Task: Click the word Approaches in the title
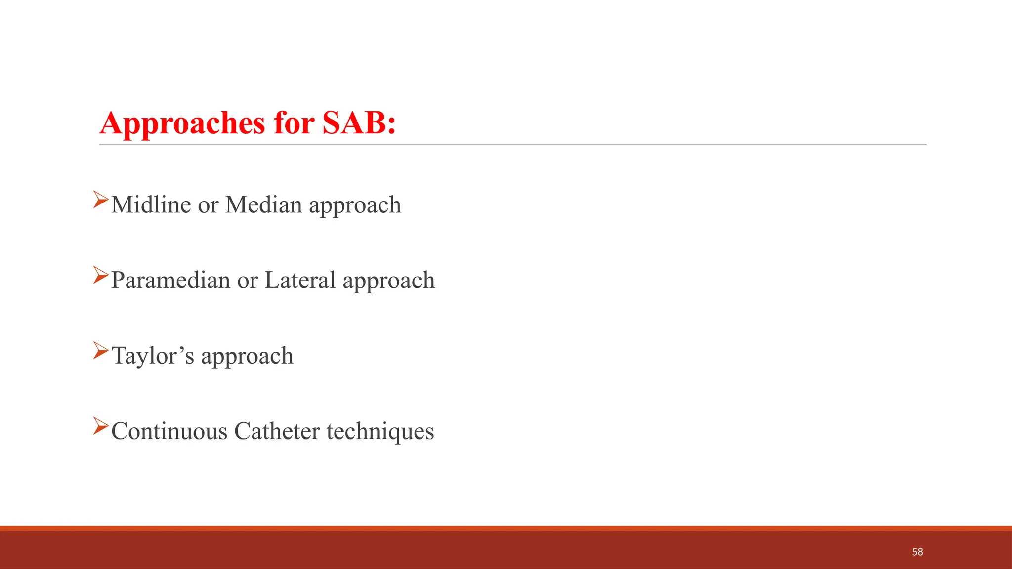click(x=182, y=123)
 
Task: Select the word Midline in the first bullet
click(x=151, y=204)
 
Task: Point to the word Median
click(x=263, y=204)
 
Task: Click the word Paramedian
click(x=170, y=280)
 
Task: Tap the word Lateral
click(x=300, y=280)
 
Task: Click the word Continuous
click(x=169, y=431)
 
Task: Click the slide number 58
click(x=917, y=552)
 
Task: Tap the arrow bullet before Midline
click(x=100, y=200)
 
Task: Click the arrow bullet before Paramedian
click(x=100, y=275)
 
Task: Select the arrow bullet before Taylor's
click(x=100, y=350)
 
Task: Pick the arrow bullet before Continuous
click(x=100, y=426)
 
